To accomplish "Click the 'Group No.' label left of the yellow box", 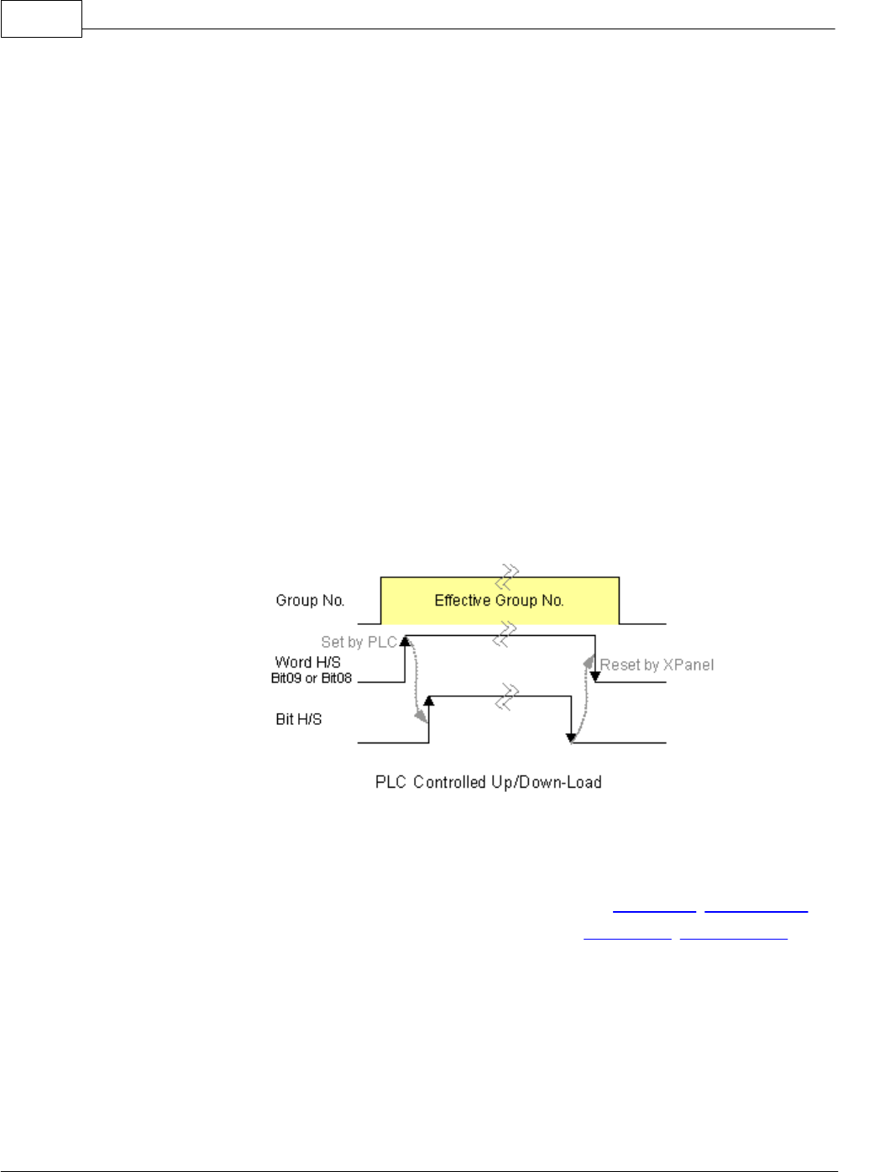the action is (310, 601).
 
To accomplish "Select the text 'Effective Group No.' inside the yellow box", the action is (499, 601).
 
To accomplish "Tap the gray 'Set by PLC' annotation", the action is (359, 643).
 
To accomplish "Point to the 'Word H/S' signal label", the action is (307, 663).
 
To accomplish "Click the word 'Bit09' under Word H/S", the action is (285, 678).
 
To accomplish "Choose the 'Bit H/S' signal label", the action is (298, 719).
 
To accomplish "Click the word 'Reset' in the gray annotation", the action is (620, 665).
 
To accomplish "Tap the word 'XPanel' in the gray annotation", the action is (689, 665).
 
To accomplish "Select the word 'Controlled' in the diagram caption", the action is (453, 783).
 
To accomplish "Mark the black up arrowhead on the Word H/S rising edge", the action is (405, 642).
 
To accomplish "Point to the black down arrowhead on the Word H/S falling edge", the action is (595, 676).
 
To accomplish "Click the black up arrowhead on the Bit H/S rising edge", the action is (429, 701).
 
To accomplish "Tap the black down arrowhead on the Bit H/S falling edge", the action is (571, 738).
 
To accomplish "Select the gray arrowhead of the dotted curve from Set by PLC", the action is (419, 716).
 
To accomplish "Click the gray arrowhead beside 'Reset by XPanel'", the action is (589, 662).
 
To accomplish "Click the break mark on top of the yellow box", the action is (507, 577).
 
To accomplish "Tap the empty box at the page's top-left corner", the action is (41, 18).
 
